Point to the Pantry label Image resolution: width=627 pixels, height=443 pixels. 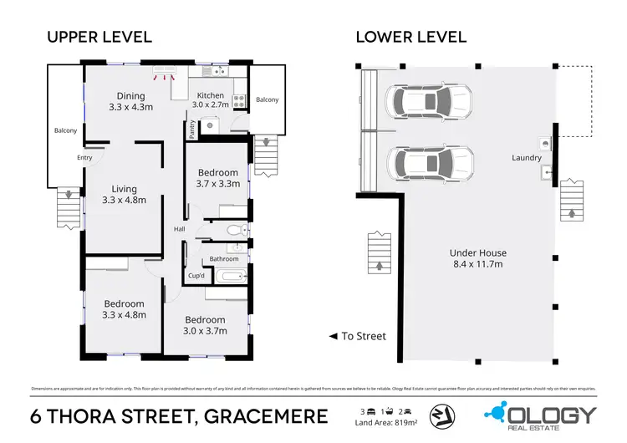pyautogui.click(x=191, y=128)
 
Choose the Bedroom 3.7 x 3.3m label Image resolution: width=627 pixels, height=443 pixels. pyautogui.click(x=217, y=177)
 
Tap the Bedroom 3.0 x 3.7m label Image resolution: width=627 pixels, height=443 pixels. pyautogui.click(x=205, y=324)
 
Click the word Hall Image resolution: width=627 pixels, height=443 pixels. pyautogui.click(x=179, y=229)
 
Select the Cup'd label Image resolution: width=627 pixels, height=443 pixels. pyautogui.click(x=196, y=276)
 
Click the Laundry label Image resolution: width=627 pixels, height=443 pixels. pyautogui.click(x=527, y=158)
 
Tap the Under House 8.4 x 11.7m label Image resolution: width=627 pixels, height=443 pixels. pyautogui.click(x=477, y=257)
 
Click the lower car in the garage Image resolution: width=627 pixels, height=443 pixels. pyautogui.click(x=429, y=164)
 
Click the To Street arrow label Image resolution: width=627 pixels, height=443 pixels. pyautogui.click(x=357, y=336)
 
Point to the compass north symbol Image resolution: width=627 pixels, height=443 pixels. pyautogui.click(x=440, y=415)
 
